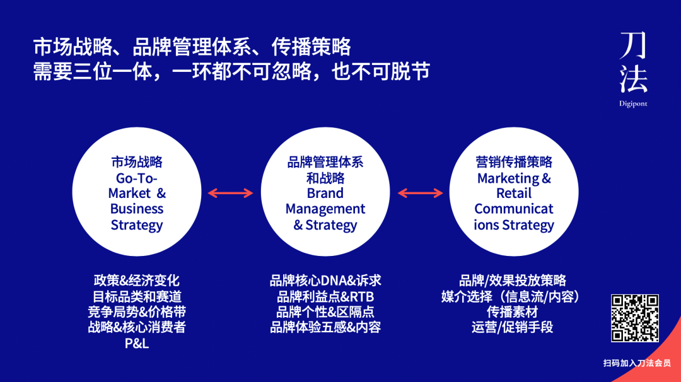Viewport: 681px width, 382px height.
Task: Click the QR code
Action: point(634,318)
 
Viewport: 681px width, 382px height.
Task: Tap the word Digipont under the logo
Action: point(633,103)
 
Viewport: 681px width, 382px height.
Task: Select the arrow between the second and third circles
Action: point(420,193)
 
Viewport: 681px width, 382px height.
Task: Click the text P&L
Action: point(136,344)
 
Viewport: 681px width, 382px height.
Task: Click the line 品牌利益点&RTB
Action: point(325,296)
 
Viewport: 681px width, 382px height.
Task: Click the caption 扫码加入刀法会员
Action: point(636,363)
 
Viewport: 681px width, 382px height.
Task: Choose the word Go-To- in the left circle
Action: point(136,178)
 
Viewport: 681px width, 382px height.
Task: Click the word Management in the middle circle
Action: point(325,209)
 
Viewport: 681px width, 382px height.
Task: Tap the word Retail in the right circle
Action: point(514,194)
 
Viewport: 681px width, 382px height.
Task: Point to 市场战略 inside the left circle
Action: point(136,162)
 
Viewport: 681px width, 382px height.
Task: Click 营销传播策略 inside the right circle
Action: point(514,162)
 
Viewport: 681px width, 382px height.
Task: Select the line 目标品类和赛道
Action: point(136,296)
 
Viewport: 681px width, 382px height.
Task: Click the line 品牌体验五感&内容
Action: point(325,328)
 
